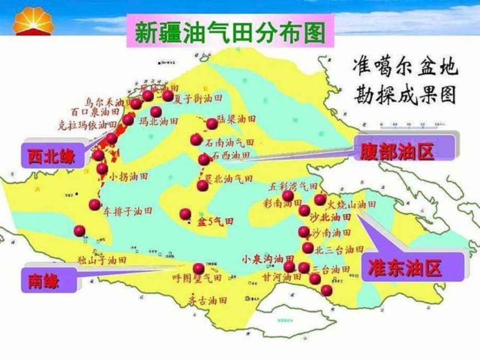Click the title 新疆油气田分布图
click(229, 33)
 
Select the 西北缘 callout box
click(52, 156)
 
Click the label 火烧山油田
click(352, 204)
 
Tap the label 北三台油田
click(340, 249)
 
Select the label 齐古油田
click(207, 300)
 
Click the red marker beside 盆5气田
click(185, 214)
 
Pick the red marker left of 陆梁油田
click(212, 124)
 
